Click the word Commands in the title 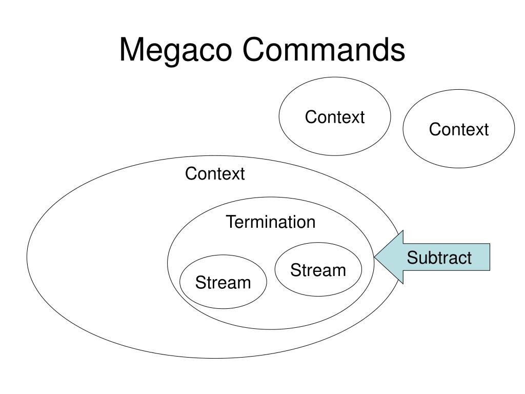pyautogui.click(x=324, y=51)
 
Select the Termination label pyautogui.click(x=271, y=222)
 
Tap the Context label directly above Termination pyautogui.click(x=215, y=174)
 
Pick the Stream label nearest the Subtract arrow pyautogui.click(x=318, y=270)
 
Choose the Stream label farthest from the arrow pyautogui.click(x=223, y=282)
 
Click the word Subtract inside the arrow pyautogui.click(x=439, y=258)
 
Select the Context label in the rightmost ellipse pyautogui.click(x=459, y=129)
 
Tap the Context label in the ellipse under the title pyautogui.click(x=335, y=117)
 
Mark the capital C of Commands pyautogui.click(x=254, y=51)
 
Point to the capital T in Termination pyautogui.click(x=230, y=222)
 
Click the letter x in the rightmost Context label pyautogui.click(x=475, y=130)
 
